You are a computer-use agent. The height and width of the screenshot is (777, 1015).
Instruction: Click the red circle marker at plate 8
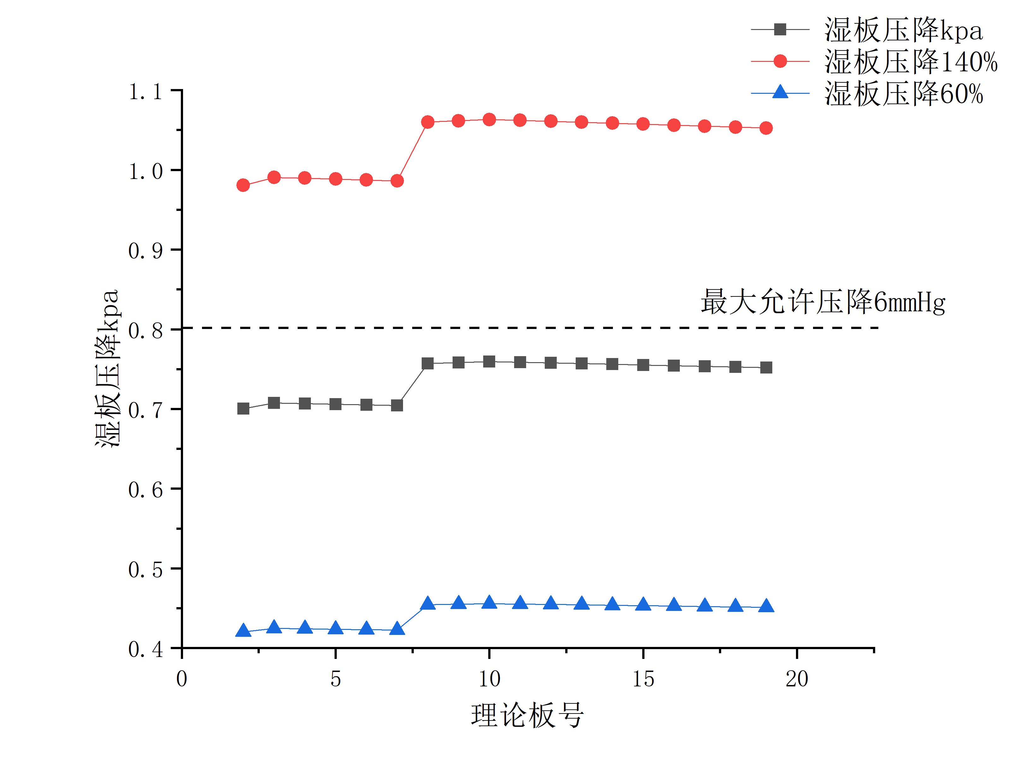pos(428,122)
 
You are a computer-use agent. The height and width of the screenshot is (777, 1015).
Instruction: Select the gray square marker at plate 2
pos(243,408)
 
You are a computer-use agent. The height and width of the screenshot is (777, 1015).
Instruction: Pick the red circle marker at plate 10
pos(489,120)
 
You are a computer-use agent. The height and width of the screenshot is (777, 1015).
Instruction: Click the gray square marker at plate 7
pos(397,406)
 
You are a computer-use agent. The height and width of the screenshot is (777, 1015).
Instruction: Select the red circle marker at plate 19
pos(766,128)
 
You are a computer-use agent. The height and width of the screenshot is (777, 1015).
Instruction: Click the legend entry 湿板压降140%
pos(910,62)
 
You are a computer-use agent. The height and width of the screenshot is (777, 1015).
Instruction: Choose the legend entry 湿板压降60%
pos(903,93)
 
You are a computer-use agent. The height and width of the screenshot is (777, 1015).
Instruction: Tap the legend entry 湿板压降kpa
pos(903,30)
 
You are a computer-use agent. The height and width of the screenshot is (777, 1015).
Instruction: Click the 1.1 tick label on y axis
pos(145,92)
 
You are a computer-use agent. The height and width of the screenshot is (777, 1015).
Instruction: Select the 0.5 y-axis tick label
pos(145,570)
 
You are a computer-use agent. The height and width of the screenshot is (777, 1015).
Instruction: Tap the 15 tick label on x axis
pos(643,679)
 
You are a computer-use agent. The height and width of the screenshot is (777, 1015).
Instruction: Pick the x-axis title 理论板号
pos(527,715)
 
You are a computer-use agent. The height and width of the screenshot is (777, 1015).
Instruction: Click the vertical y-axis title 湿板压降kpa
pos(107,368)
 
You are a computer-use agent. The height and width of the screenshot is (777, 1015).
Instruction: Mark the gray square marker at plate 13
pos(581,363)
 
